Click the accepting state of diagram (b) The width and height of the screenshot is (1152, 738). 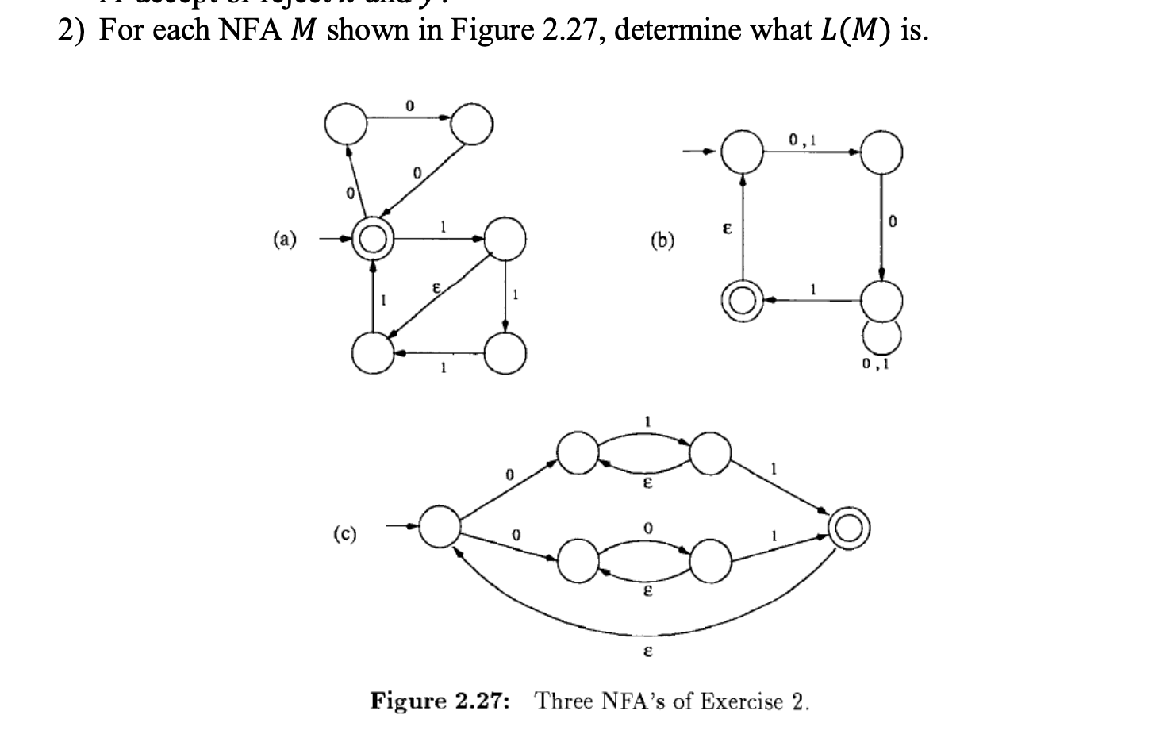tap(741, 302)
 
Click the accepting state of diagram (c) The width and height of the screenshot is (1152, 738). tap(848, 528)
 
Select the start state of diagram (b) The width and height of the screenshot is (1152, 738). tap(741, 152)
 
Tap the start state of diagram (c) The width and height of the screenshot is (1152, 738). tap(440, 525)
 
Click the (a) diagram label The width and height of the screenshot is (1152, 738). tap(286, 237)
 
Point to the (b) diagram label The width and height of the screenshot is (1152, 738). tap(662, 239)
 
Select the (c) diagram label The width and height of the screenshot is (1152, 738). tap(344, 533)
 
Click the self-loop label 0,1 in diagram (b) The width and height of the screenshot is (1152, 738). tap(876, 365)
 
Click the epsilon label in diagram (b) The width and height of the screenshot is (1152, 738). tap(725, 227)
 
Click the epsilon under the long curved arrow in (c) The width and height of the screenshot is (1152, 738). tap(647, 652)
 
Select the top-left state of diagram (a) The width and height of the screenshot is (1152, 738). tap(346, 124)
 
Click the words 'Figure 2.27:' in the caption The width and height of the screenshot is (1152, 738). tap(441, 701)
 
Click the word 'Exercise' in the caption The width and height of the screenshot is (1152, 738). tap(734, 701)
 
